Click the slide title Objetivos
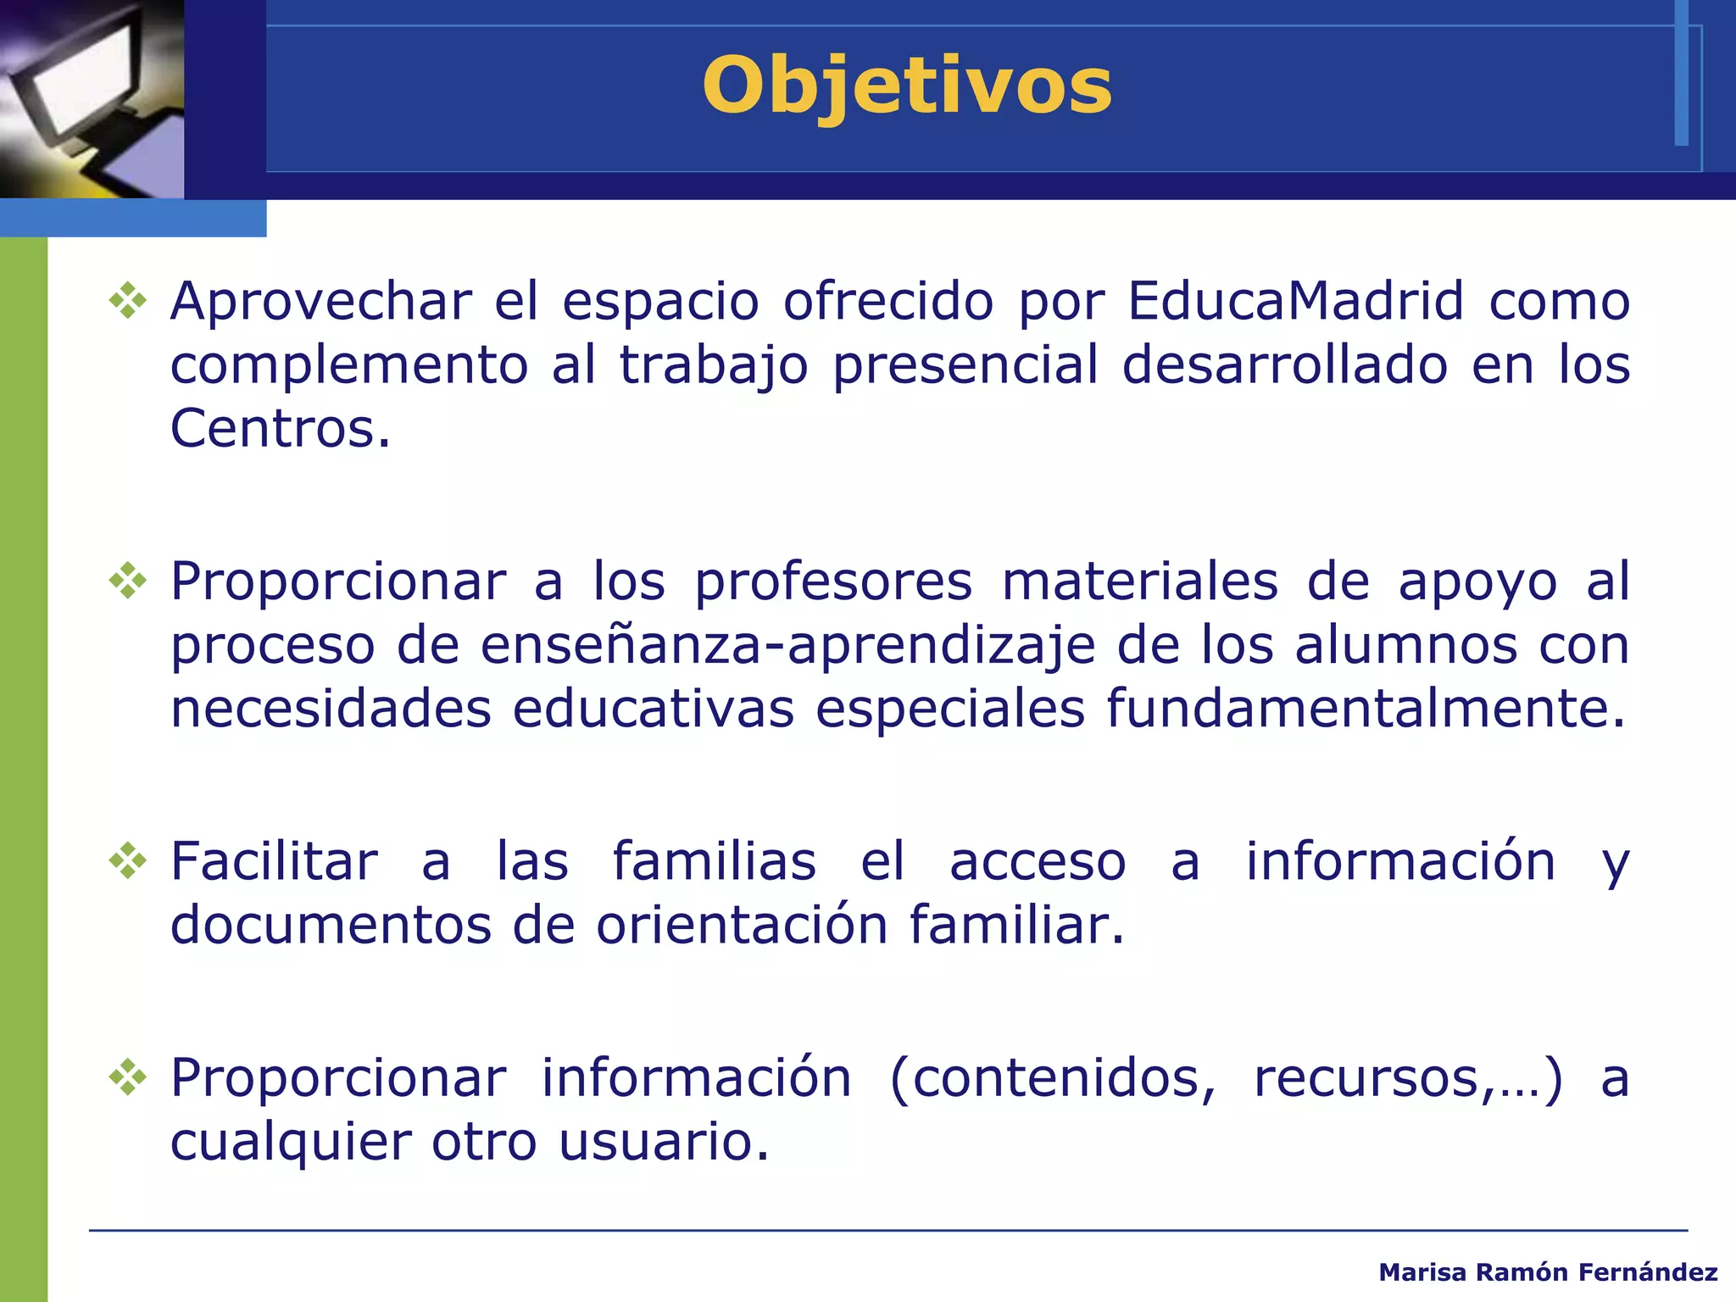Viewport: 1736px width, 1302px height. pos(906,86)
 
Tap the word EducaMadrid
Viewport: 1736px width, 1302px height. pos(1295,301)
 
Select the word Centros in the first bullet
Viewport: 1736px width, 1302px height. pos(280,429)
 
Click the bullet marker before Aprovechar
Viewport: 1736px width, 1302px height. pos(128,301)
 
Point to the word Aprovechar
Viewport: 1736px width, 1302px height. pos(320,301)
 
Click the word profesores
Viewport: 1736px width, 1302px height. pos(833,582)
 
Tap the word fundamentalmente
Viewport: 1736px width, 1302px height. pos(1366,709)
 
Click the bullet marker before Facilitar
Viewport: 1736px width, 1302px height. pos(128,861)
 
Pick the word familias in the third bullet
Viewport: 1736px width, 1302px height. pos(714,861)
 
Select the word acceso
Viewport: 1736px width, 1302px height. pos(1038,861)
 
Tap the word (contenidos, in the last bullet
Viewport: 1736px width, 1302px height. pos(1052,1078)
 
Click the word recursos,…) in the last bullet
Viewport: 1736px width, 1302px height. pos(1407,1078)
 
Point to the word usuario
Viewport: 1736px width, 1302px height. pos(664,1142)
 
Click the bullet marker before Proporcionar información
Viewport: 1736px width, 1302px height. pos(128,1078)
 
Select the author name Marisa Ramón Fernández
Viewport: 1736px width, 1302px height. pos(1548,1272)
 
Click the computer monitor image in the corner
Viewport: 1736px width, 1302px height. pos(92,98)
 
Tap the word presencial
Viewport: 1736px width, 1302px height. pos(965,365)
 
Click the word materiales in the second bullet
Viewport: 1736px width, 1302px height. pos(1139,582)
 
